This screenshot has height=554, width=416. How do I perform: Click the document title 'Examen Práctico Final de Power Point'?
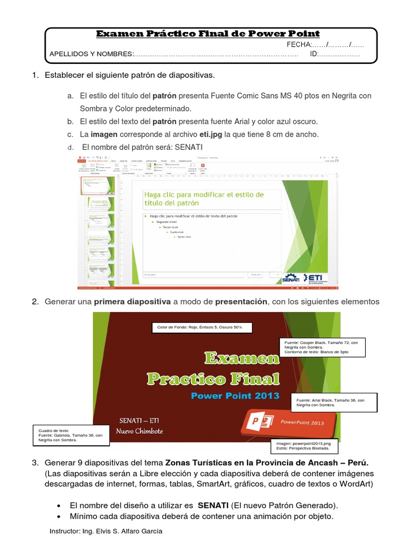(x=208, y=34)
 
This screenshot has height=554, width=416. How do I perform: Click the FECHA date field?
(x=325, y=44)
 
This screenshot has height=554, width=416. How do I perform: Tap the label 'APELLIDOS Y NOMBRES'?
(x=91, y=54)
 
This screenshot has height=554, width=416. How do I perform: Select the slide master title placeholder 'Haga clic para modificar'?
(x=204, y=199)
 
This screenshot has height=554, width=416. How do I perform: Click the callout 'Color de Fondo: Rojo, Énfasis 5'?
(x=196, y=328)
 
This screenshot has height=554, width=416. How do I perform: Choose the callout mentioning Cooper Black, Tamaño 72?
(x=321, y=347)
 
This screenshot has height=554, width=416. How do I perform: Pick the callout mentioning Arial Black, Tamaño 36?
(x=334, y=402)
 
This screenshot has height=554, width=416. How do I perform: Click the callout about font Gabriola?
(x=71, y=436)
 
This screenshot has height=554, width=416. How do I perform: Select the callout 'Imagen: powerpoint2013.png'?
(x=306, y=446)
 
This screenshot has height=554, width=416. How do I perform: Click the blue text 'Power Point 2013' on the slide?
(x=235, y=395)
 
